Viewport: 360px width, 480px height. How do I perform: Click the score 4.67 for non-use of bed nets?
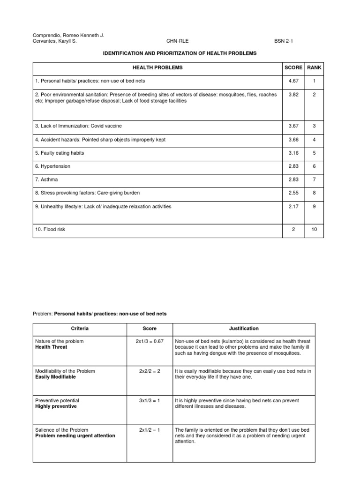point(293,81)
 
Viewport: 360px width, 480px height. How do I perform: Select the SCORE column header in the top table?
point(293,67)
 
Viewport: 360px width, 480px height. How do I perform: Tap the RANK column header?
point(314,67)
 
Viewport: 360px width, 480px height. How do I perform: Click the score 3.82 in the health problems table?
point(293,94)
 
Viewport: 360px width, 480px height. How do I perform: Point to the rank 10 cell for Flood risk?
point(314,229)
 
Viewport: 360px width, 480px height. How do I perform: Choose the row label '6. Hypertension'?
point(53,166)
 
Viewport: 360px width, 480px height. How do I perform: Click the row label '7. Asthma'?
point(47,179)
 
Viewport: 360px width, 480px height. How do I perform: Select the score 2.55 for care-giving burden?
point(293,192)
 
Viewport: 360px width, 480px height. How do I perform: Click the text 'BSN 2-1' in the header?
point(284,41)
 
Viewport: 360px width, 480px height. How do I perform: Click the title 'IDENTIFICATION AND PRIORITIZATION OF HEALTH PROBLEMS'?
point(180,53)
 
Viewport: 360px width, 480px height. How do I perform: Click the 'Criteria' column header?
point(80,329)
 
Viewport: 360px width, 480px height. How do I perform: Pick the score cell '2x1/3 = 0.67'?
point(150,341)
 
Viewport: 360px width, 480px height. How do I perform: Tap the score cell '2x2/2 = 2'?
point(150,371)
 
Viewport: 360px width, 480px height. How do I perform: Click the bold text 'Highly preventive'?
point(56,406)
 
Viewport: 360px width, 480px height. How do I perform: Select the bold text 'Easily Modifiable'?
point(55,377)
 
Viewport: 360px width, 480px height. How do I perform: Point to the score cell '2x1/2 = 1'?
point(150,430)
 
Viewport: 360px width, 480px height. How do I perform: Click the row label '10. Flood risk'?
point(52,229)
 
